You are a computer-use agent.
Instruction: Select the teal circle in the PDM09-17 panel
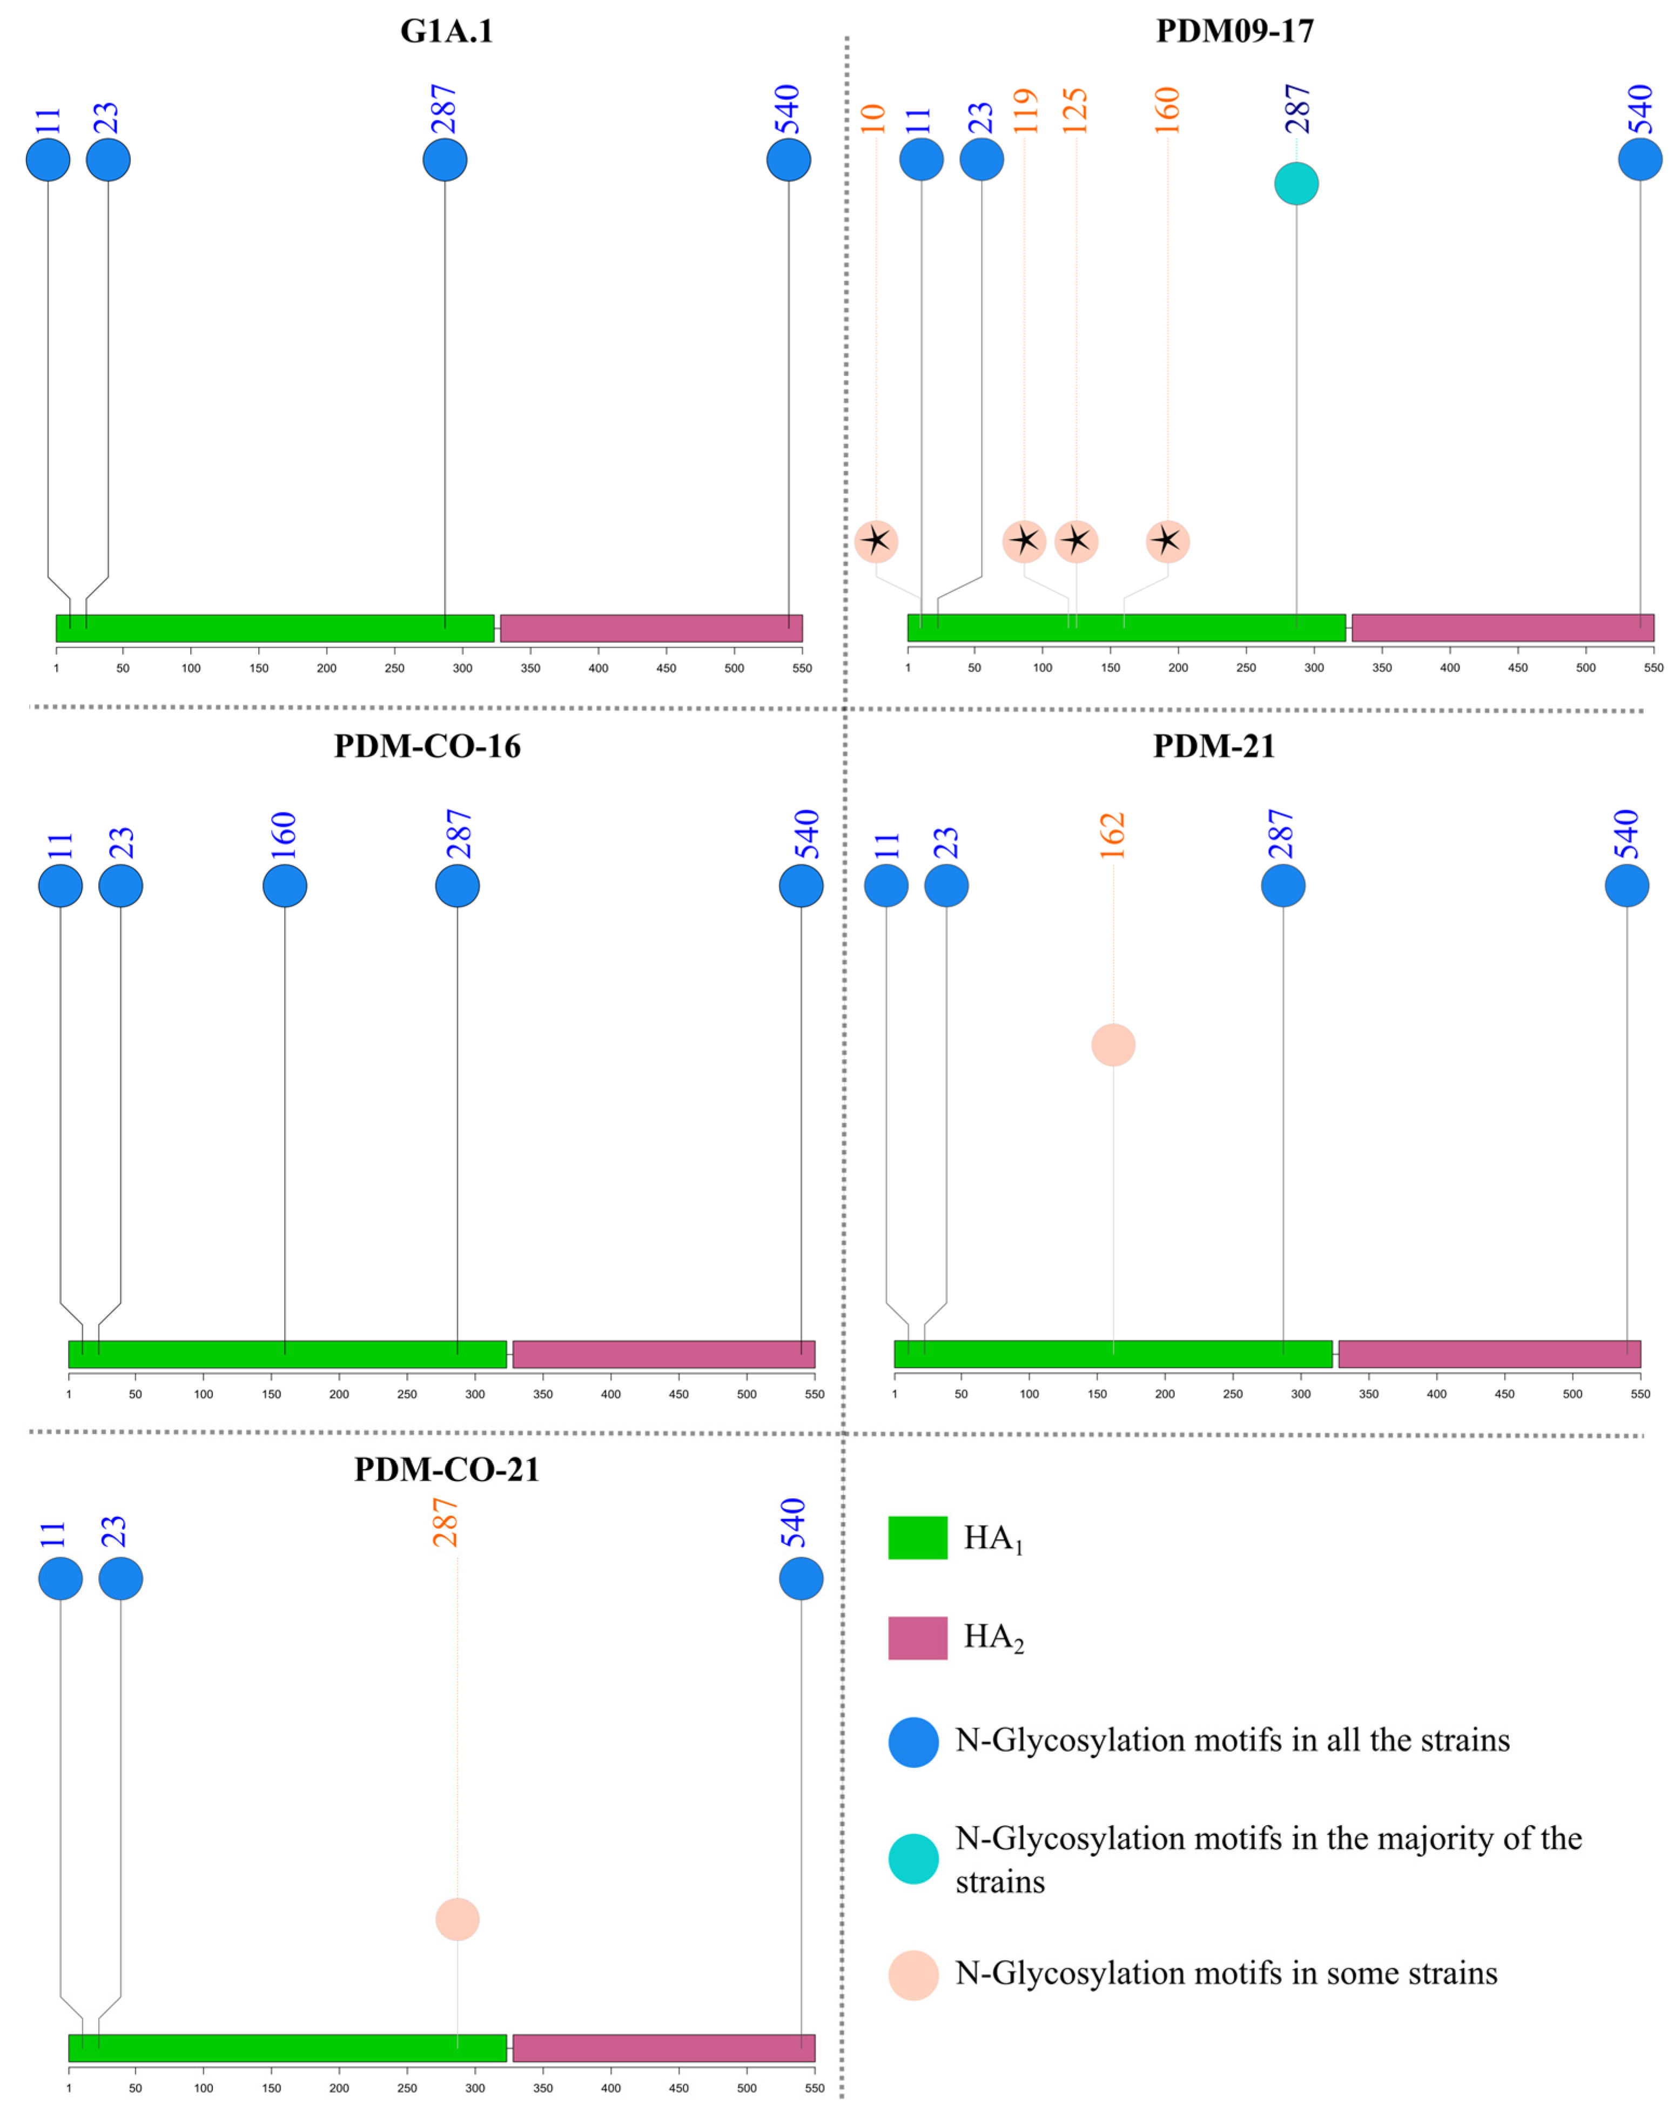point(1296,183)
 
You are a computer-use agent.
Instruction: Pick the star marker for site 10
point(876,541)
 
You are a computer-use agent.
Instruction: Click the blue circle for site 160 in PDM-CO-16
point(285,885)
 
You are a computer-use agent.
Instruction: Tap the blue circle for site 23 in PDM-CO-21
point(120,1579)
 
